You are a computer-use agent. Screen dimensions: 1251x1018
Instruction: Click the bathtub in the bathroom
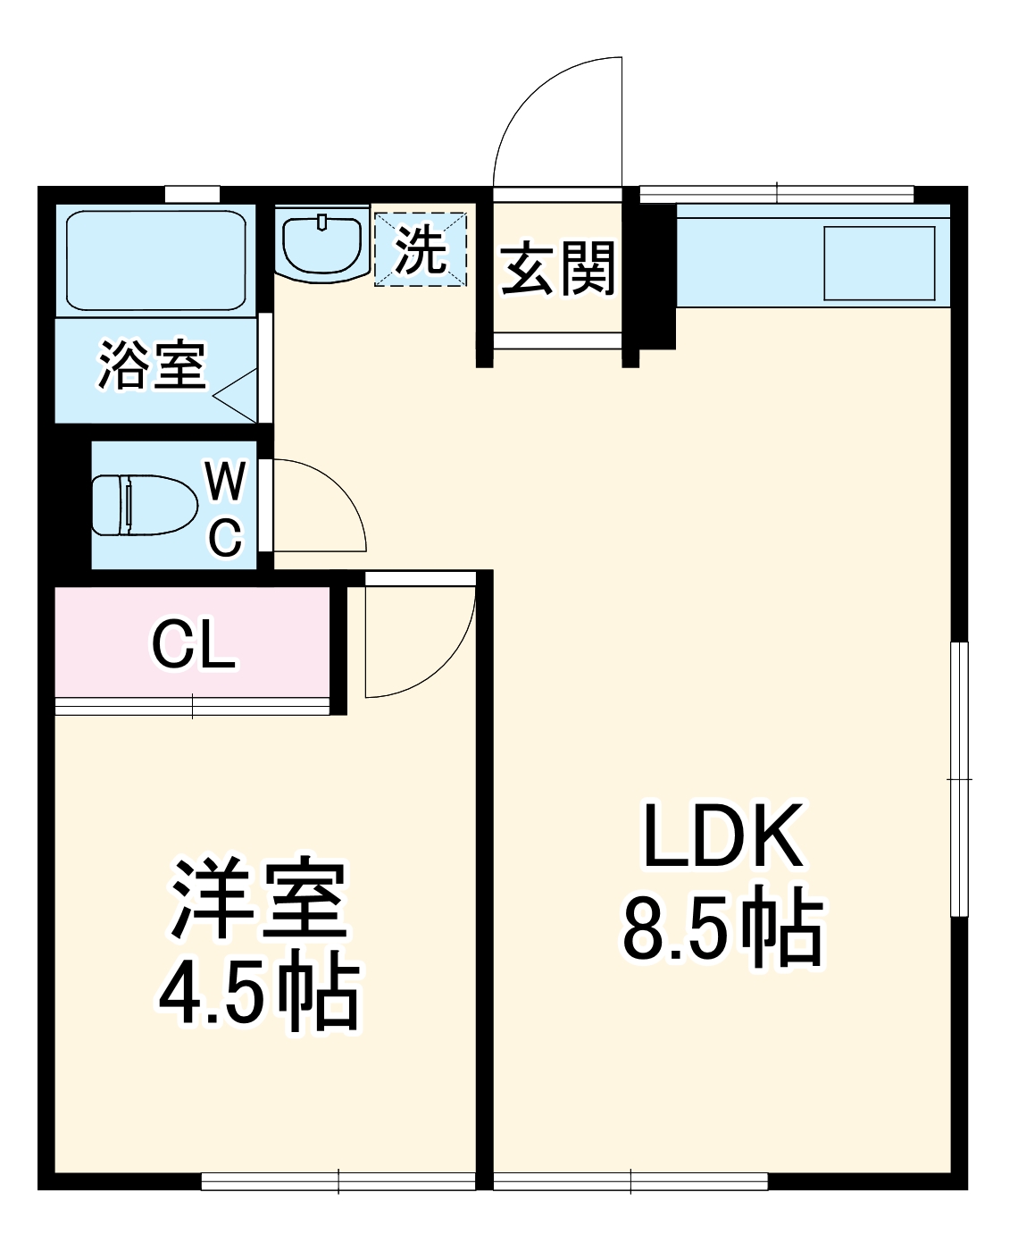(156, 261)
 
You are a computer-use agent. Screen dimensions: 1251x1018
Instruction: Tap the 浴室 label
(152, 366)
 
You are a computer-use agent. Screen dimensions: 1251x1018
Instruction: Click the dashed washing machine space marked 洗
(421, 249)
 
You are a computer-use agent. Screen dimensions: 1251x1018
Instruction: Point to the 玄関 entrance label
(557, 268)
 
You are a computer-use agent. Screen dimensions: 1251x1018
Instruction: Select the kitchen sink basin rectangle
(879, 263)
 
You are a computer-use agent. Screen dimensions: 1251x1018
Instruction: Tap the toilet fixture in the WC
(145, 505)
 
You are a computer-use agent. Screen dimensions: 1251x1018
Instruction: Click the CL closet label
(194, 645)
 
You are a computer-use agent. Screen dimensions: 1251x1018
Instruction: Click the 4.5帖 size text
(259, 994)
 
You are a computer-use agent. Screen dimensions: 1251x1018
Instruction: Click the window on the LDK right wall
(960, 778)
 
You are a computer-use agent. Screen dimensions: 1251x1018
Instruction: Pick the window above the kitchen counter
(777, 193)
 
